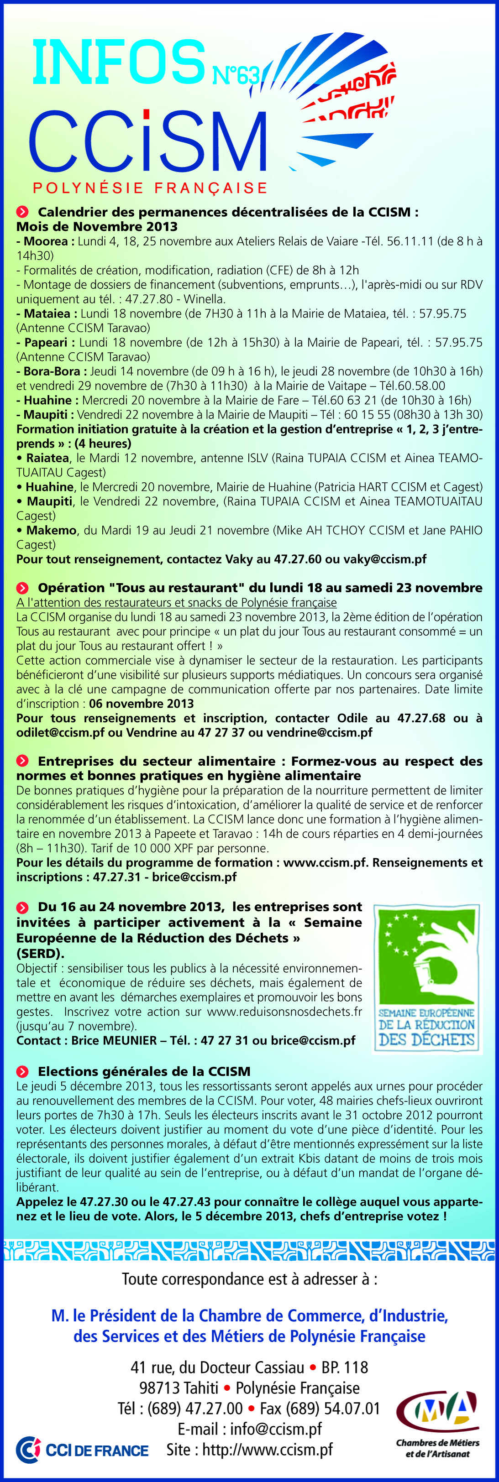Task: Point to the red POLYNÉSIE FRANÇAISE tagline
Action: (150, 188)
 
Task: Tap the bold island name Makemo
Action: (52, 530)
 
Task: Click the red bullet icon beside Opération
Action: (22, 588)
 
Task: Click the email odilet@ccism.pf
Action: (60, 732)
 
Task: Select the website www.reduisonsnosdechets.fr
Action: (284, 1012)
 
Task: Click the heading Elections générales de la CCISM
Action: (144, 1071)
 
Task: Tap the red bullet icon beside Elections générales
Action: (22, 1071)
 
